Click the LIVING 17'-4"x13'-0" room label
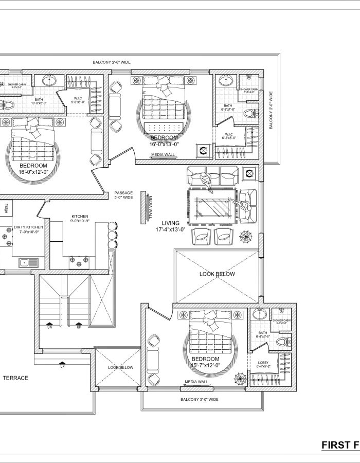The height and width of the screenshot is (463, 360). click(x=170, y=226)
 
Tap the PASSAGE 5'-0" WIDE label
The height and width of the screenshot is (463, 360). click(x=123, y=195)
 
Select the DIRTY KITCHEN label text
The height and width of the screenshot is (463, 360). click(x=28, y=227)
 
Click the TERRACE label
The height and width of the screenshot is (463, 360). click(x=15, y=378)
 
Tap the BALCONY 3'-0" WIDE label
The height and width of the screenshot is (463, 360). click(x=199, y=399)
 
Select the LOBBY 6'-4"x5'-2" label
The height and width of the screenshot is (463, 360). click(x=263, y=365)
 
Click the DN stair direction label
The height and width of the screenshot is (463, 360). click(x=49, y=326)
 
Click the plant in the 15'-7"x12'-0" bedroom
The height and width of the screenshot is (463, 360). click(x=240, y=379)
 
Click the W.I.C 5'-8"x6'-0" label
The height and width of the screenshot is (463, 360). click(x=78, y=99)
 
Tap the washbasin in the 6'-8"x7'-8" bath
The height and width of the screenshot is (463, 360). click(x=225, y=81)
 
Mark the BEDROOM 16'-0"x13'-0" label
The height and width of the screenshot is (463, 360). click(x=164, y=141)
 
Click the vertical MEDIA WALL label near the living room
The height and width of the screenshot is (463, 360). click(x=150, y=208)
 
